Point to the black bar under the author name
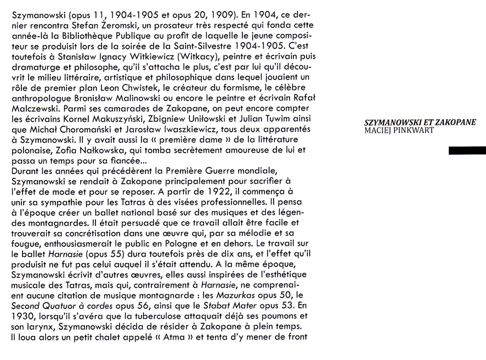(x=467, y=151)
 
